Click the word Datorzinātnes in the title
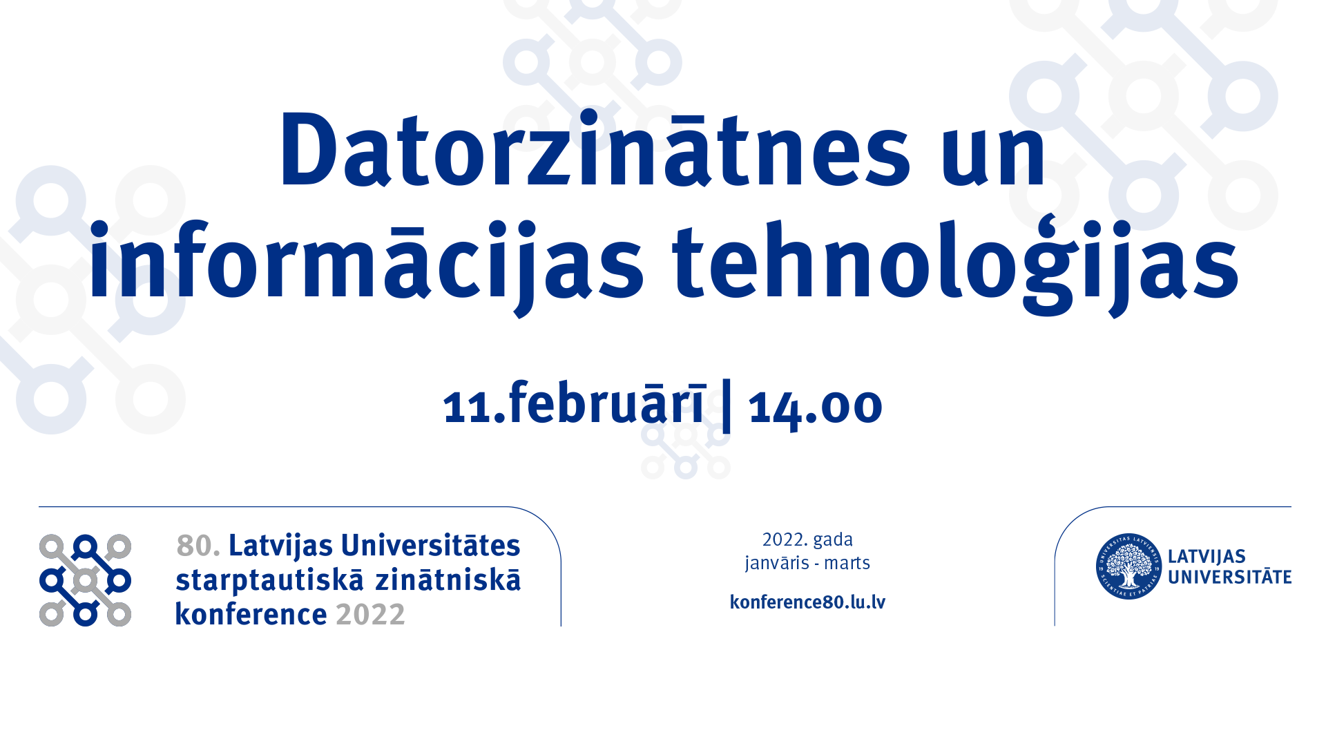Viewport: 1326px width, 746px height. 595,149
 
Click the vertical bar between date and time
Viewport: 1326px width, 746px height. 727,405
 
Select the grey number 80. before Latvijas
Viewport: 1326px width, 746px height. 198,546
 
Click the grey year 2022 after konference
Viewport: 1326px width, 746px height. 370,615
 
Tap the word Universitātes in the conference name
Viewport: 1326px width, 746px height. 431,545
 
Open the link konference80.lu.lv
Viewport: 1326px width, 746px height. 807,602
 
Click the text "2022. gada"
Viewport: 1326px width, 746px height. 807,539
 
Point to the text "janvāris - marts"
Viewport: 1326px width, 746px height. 807,563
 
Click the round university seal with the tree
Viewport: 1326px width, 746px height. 1129,566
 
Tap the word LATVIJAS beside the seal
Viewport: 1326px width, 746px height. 1207,557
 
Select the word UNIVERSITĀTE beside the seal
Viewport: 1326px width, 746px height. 1229,576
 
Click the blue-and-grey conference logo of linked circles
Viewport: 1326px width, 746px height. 85,580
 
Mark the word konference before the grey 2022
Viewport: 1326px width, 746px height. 251,614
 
